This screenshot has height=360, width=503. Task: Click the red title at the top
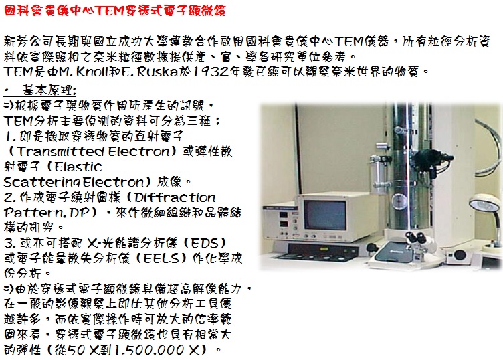point(115,10)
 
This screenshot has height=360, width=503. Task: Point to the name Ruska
point(157,72)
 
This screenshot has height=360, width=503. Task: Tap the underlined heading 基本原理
point(49,90)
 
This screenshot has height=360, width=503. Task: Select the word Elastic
point(78,167)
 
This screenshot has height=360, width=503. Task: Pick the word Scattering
point(41,182)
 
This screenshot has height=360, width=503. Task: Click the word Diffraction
point(175,197)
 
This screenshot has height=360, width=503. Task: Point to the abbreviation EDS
point(205,243)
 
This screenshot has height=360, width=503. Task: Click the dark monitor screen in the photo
point(324,215)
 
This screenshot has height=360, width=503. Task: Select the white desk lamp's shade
point(484,203)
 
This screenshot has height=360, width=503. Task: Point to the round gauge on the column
point(399,201)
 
